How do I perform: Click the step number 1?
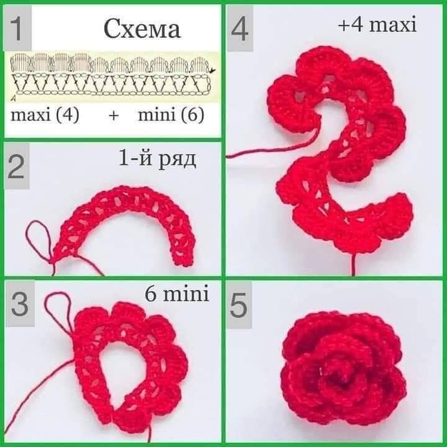(x=17, y=29)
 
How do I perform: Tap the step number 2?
(x=17, y=166)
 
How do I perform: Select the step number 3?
(x=20, y=304)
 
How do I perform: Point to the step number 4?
(x=240, y=29)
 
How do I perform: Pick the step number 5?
(x=238, y=306)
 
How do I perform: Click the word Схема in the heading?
(x=142, y=29)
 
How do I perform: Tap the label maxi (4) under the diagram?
(x=45, y=115)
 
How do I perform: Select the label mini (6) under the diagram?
(x=171, y=115)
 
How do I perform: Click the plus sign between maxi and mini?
(x=114, y=115)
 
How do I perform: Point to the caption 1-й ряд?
(x=157, y=160)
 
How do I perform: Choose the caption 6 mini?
(x=177, y=294)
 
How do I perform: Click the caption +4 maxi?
(x=377, y=25)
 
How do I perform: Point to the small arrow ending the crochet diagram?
(x=212, y=70)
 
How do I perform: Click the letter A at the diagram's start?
(x=13, y=99)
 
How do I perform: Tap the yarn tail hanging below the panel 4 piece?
(x=353, y=264)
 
